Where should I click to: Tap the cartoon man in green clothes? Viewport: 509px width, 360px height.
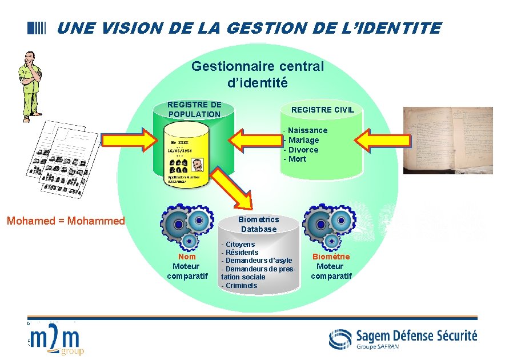pos(29,83)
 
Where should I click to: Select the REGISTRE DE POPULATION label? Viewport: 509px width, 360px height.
pos(194,109)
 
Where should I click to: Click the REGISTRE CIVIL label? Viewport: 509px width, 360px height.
pos(323,109)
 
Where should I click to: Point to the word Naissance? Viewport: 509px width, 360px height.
pos(307,130)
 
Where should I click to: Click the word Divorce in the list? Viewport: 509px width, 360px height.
pos(303,150)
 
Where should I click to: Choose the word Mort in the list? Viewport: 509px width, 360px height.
pos(297,159)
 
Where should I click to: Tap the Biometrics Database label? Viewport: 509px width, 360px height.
pos(259,224)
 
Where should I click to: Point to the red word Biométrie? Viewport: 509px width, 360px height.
pos(331,257)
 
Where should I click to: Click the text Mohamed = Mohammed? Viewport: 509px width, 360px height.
pos(66,221)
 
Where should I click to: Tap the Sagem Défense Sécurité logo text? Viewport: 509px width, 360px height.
pos(416,335)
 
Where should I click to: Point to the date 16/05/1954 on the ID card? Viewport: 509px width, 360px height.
pos(179,150)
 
